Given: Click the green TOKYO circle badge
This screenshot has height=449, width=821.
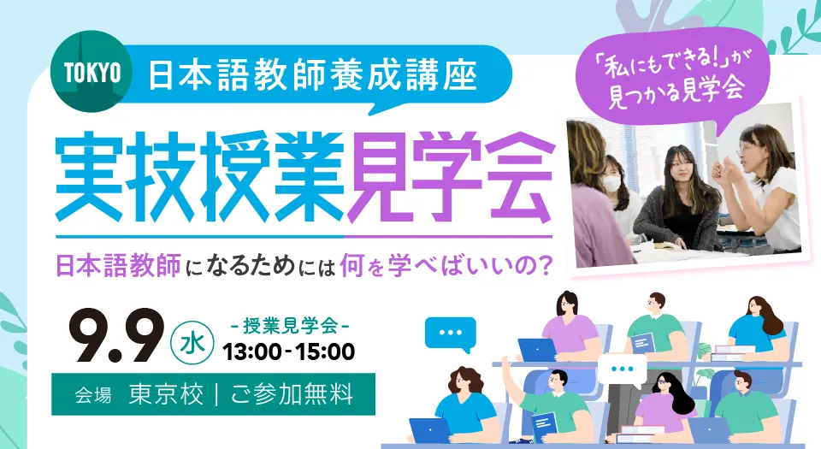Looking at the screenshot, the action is coord(92,71).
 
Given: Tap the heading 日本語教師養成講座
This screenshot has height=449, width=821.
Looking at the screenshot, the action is coord(313,75).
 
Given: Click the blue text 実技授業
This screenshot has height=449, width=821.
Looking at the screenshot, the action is coord(199,175).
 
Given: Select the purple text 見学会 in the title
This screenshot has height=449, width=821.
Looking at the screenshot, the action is coord(449,175).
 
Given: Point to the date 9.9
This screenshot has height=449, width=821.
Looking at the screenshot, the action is coord(116,335).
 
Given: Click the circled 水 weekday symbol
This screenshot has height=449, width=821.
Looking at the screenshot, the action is coord(192,343).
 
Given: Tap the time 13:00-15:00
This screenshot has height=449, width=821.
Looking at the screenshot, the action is coord(288,352).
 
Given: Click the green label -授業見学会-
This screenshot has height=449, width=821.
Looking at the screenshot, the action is coord(290,326).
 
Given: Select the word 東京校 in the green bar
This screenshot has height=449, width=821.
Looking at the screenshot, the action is coord(166,394).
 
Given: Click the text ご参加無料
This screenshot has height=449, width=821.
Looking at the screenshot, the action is coord(292,394).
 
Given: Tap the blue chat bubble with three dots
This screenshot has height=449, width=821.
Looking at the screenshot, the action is coord(451,334).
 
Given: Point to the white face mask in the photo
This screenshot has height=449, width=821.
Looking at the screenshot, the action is coord(612,184).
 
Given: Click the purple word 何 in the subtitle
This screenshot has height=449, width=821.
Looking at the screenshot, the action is coord(351,265).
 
